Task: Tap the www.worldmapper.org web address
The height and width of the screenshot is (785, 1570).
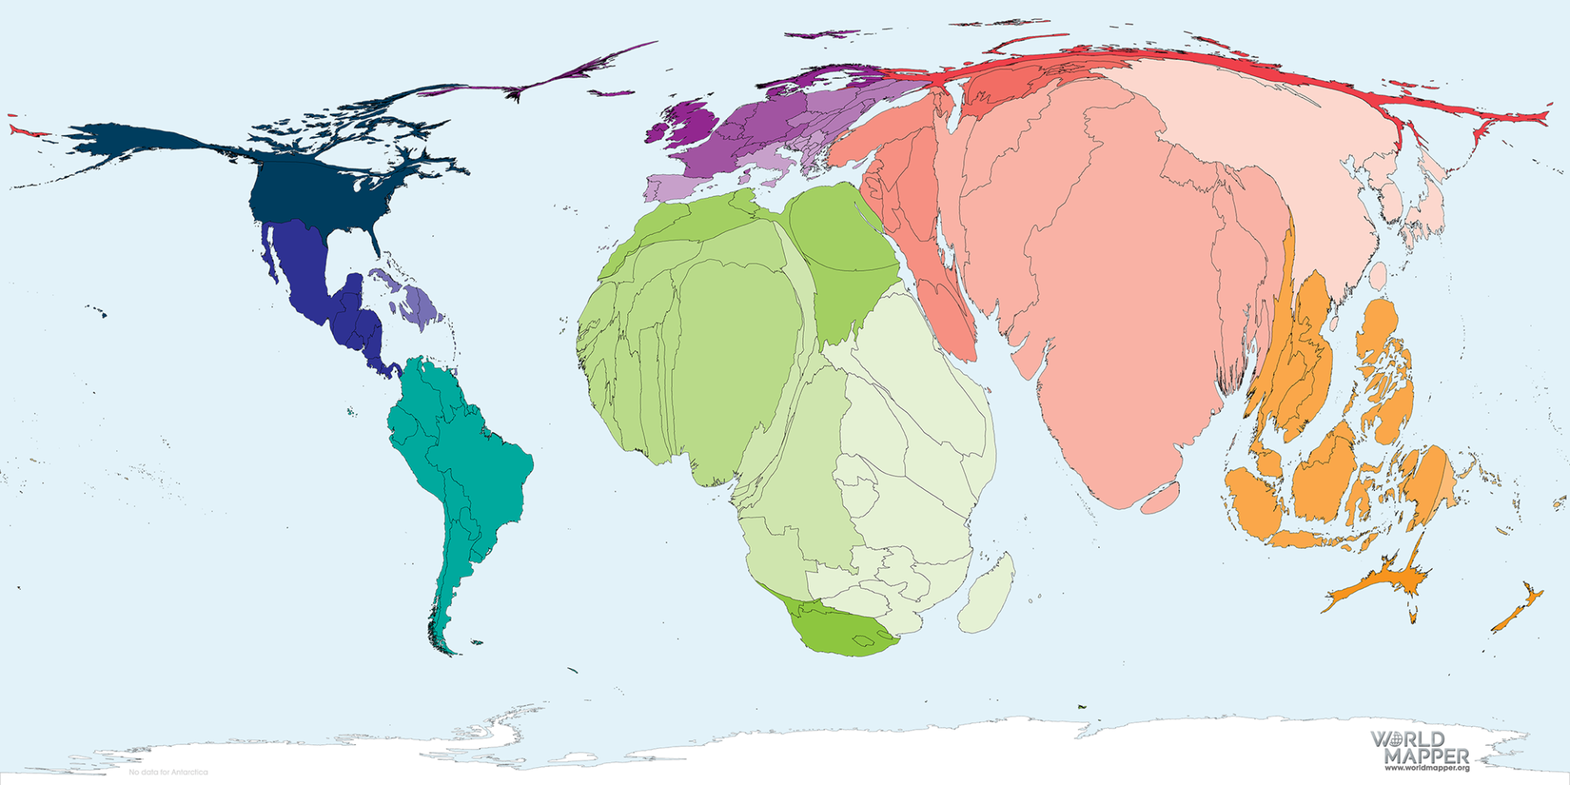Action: pyautogui.click(x=1427, y=768)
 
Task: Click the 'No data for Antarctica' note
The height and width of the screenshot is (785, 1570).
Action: pyautogui.click(x=168, y=772)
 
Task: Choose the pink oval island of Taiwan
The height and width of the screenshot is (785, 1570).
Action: pyautogui.click(x=1378, y=276)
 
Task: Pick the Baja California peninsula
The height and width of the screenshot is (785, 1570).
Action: pyautogui.click(x=267, y=253)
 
